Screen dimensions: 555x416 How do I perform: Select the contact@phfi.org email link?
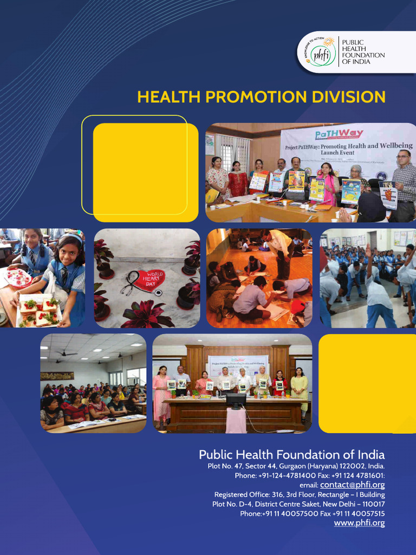[352, 485]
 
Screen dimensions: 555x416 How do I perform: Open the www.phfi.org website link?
[359, 522]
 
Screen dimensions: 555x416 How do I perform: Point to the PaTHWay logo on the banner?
[339, 134]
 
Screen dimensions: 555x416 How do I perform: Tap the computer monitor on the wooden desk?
[236, 401]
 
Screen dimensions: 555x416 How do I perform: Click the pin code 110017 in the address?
[370, 504]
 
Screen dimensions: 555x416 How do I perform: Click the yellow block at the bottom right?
[367, 383]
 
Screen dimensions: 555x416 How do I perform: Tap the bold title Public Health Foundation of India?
[291, 454]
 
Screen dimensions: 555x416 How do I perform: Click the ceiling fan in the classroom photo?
[66, 353]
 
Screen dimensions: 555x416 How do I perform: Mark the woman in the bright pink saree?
[327, 184]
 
